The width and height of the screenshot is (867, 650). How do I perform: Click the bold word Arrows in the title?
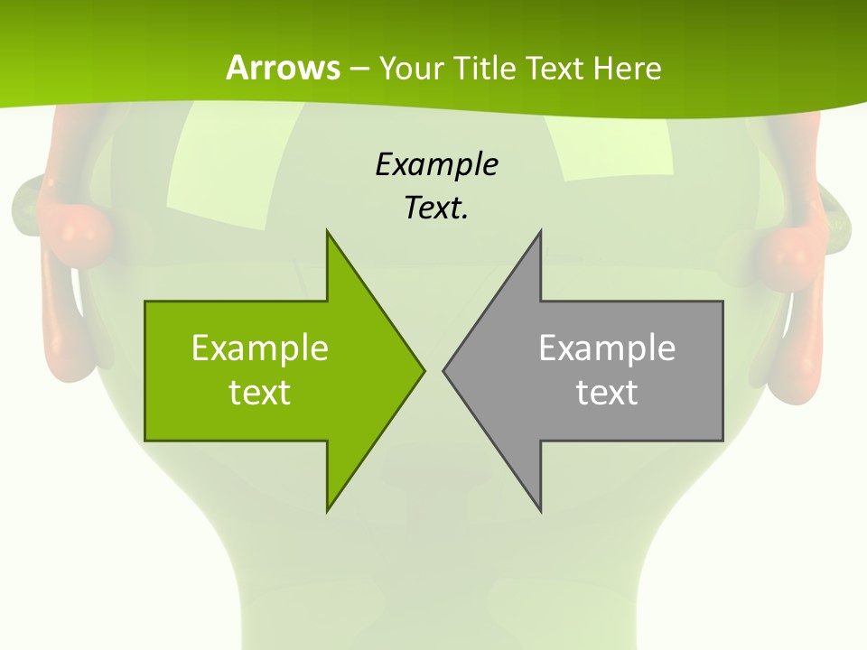tap(284, 68)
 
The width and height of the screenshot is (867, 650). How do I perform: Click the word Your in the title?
tap(409, 68)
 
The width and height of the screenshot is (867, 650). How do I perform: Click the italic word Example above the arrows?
tap(436, 164)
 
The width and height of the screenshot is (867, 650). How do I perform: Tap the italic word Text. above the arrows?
tap(436, 209)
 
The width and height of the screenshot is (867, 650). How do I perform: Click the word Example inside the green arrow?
tap(260, 348)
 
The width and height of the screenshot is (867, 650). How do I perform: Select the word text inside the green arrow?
tap(260, 392)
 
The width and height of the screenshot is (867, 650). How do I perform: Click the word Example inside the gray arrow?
tap(607, 348)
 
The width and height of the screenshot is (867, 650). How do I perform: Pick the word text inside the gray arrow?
tap(607, 392)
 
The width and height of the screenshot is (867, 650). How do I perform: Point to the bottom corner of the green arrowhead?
tap(328, 509)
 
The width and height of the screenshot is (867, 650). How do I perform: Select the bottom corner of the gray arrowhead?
tap(540, 509)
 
